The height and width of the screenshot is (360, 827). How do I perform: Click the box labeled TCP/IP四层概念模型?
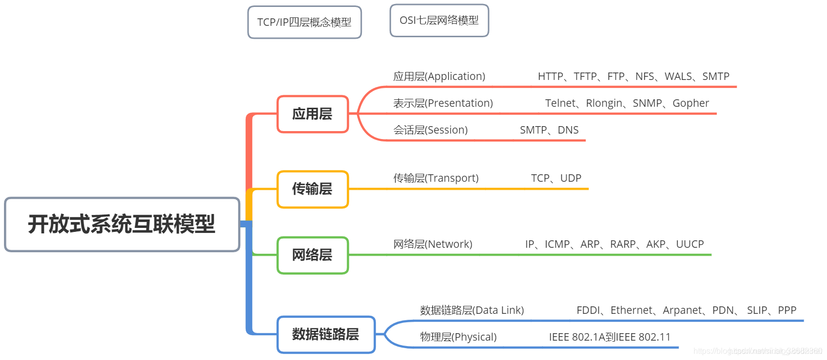pyautogui.click(x=304, y=22)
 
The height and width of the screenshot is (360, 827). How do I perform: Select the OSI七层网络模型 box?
pyautogui.click(x=439, y=20)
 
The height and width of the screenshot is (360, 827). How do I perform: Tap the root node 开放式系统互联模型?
pyautogui.click(x=122, y=224)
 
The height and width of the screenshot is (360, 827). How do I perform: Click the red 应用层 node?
pyautogui.click(x=312, y=114)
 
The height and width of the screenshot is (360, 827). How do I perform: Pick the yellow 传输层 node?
pyautogui.click(x=312, y=189)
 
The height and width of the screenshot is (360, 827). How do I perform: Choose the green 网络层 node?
pyautogui.click(x=312, y=255)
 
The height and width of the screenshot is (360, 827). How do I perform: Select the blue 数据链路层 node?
pyautogui.click(x=326, y=334)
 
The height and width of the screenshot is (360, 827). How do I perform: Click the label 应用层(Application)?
pyautogui.click(x=439, y=76)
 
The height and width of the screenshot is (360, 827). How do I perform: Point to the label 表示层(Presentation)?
pyautogui.click(x=443, y=103)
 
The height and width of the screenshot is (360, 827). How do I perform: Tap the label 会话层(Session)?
pyautogui.click(x=430, y=130)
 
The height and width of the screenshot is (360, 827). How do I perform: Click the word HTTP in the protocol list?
pyautogui.click(x=551, y=76)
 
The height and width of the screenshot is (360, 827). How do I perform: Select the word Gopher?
pyautogui.click(x=690, y=103)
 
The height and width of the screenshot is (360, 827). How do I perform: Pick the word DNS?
pyautogui.click(x=568, y=130)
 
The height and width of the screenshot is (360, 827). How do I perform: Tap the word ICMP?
pyautogui.click(x=557, y=244)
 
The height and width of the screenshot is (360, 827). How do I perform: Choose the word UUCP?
pyautogui.click(x=689, y=244)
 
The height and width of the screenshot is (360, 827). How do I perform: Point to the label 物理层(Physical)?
pyautogui.click(x=458, y=337)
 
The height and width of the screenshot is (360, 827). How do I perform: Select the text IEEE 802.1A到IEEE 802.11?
pyautogui.click(x=610, y=337)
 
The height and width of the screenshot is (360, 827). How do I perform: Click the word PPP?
pyautogui.click(x=787, y=310)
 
